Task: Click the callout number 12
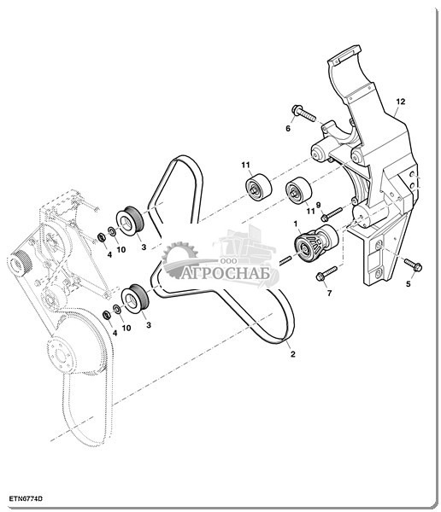pyautogui.click(x=401, y=102)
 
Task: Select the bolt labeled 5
pyautogui.click(x=413, y=265)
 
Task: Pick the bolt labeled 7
pyautogui.click(x=326, y=273)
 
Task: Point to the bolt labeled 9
pyautogui.click(x=332, y=213)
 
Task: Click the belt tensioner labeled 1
pyautogui.click(x=315, y=241)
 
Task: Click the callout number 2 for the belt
pyautogui.click(x=293, y=353)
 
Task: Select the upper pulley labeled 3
pyautogui.click(x=129, y=221)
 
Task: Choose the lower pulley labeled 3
pyautogui.click(x=135, y=300)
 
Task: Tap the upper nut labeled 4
pyautogui.click(x=102, y=237)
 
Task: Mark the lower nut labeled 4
pyautogui.click(x=106, y=315)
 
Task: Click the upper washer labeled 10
pyautogui.click(x=112, y=231)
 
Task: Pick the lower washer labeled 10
pyautogui.click(x=117, y=308)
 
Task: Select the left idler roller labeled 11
pyautogui.click(x=258, y=187)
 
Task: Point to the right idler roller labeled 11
pyautogui.click(x=298, y=191)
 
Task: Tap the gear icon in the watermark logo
pyautogui.click(x=179, y=257)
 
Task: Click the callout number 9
pyautogui.click(x=318, y=205)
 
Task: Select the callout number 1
pyautogui.click(x=296, y=224)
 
